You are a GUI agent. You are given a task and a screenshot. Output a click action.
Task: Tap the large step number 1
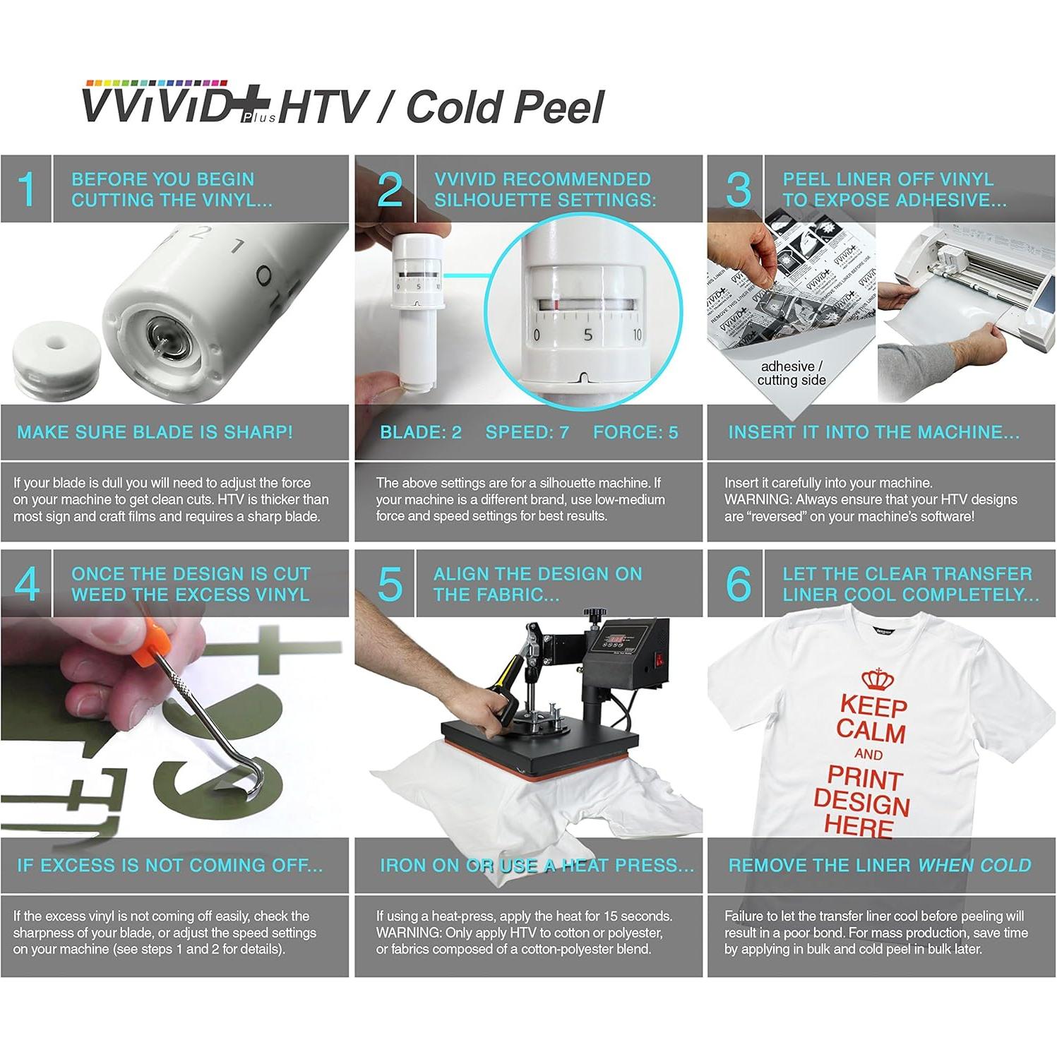(27, 189)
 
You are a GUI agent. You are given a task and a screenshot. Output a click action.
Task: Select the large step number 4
(27, 584)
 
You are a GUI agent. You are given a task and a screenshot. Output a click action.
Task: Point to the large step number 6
(738, 584)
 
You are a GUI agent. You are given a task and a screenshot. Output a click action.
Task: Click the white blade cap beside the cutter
(56, 360)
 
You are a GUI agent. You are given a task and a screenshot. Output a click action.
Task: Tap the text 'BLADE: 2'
(421, 432)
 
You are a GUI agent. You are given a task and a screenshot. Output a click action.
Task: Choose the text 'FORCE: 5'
(635, 432)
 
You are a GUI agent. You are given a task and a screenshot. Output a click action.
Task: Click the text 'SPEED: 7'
(527, 432)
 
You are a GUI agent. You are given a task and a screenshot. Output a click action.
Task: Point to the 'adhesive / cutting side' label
(792, 373)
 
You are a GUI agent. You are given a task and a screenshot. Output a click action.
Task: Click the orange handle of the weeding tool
(152, 638)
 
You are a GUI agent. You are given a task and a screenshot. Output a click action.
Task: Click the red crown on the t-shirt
(877, 679)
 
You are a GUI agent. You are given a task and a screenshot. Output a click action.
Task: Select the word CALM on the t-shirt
(871, 731)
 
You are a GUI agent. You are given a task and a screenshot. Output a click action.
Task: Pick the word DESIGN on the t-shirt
(861, 803)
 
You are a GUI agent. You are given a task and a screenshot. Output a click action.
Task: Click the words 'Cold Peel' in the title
(506, 107)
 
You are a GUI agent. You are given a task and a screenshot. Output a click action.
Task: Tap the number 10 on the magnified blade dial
(637, 335)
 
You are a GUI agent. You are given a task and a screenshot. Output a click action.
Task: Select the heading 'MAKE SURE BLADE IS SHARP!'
(155, 432)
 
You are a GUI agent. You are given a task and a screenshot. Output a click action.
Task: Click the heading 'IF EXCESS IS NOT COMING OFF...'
(169, 865)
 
